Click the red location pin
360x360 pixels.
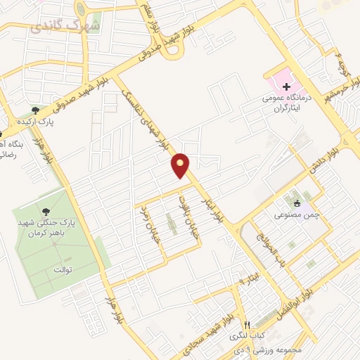[181, 165]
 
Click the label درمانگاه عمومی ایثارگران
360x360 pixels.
[290, 103]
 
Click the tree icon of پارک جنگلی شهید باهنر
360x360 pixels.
[47, 210]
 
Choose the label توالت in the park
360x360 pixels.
[64, 269]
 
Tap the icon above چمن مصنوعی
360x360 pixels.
[297, 204]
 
